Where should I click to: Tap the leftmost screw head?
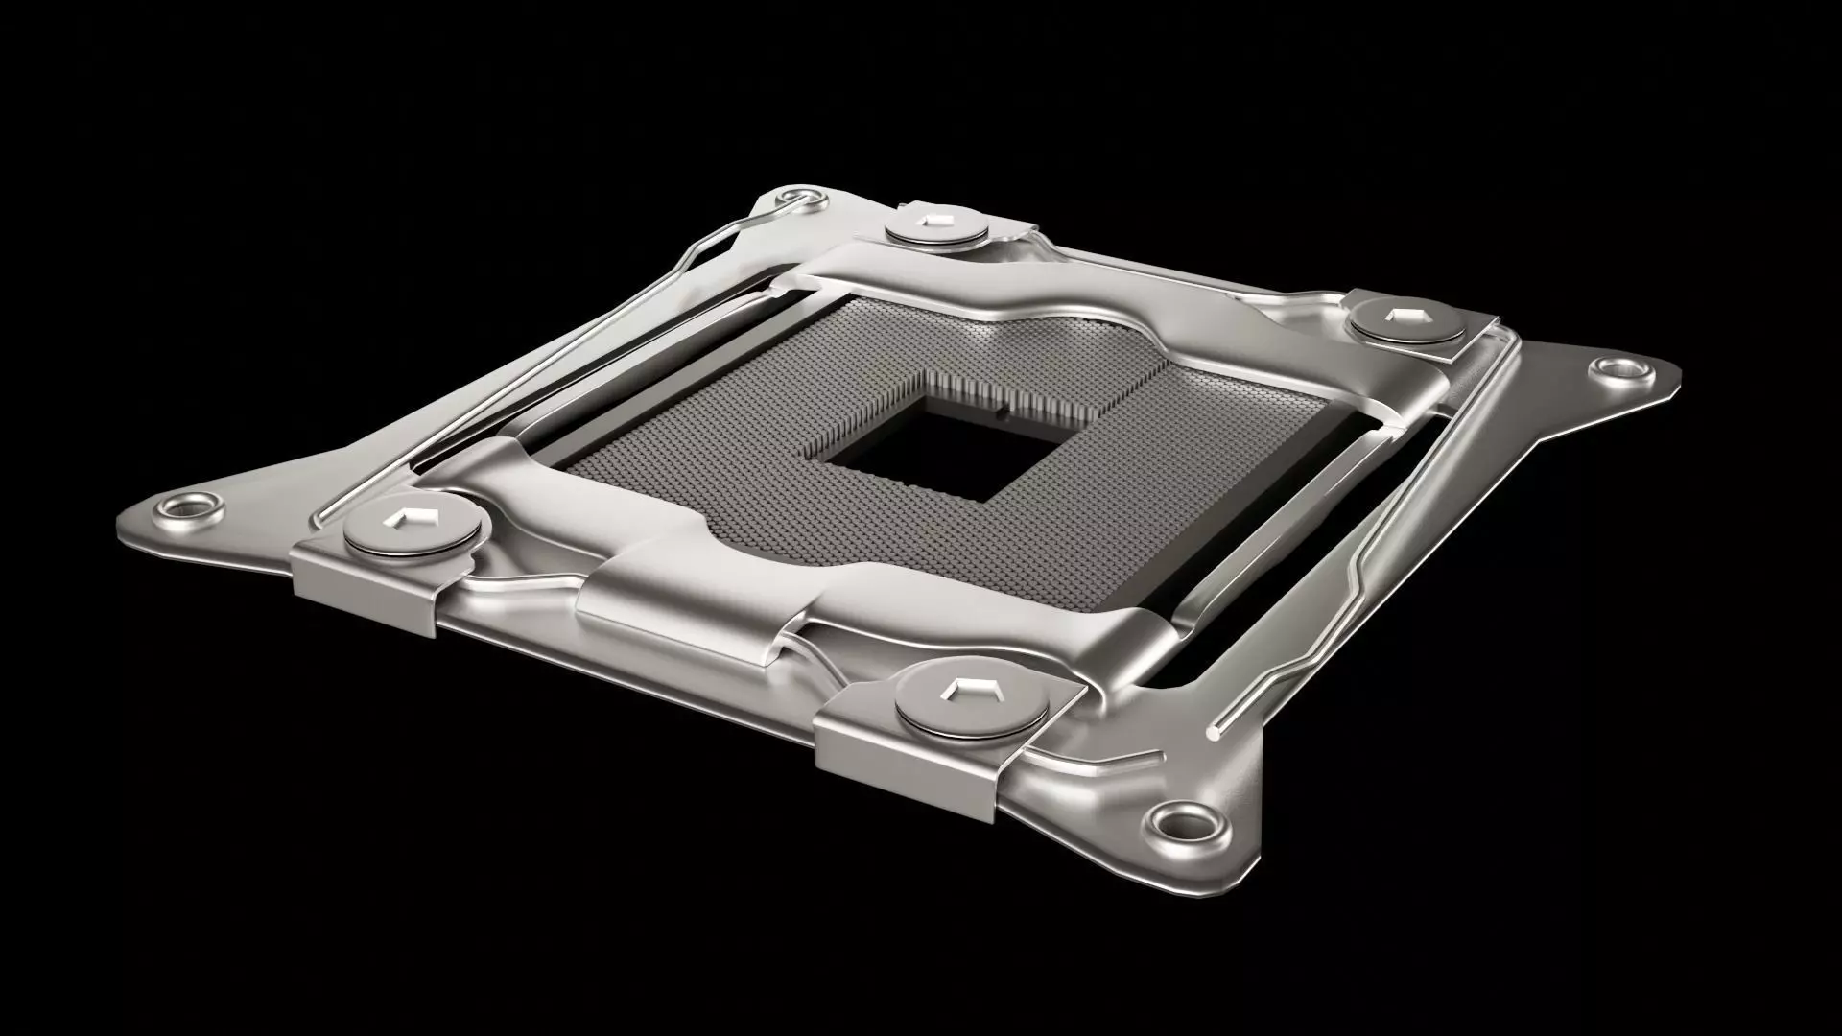click(413, 530)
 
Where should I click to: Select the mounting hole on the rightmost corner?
click(1619, 367)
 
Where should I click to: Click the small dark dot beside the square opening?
click(1001, 414)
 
